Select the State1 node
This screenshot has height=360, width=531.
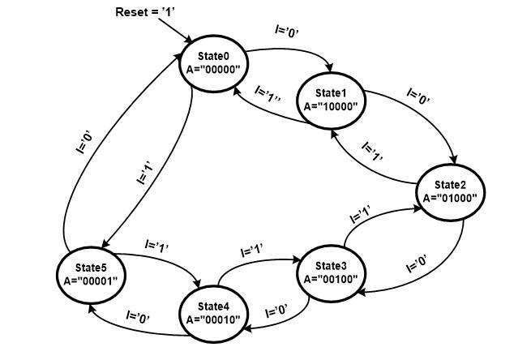(330, 99)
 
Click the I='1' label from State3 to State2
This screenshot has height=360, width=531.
(360, 216)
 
